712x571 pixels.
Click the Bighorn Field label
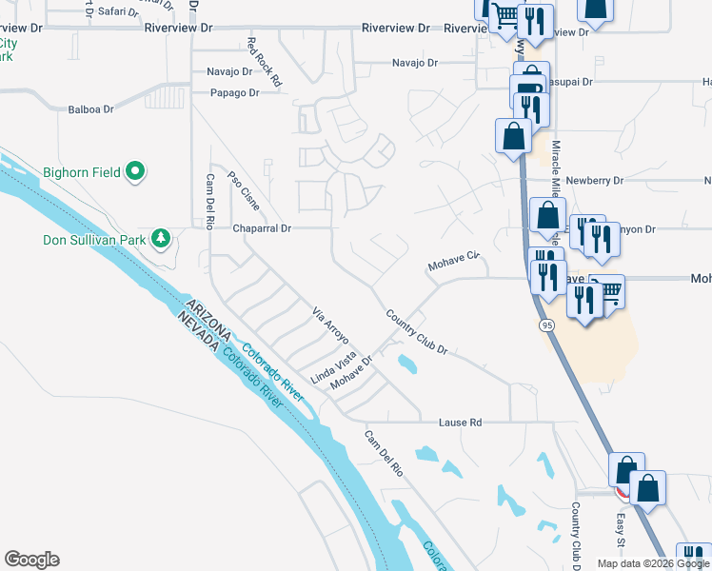(x=82, y=172)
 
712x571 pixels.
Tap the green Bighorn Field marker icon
(x=135, y=172)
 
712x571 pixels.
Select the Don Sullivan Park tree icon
(x=163, y=237)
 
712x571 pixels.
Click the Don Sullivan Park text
(x=94, y=240)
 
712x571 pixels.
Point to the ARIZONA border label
(x=208, y=321)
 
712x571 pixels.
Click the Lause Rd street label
(x=461, y=422)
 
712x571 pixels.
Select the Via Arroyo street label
(x=331, y=325)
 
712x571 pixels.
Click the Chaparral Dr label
(x=262, y=228)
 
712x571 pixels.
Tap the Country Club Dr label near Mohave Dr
(x=417, y=332)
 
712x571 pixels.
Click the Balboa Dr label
(x=90, y=109)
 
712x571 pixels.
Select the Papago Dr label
(x=234, y=92)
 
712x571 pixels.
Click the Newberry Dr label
(x=593, y=180)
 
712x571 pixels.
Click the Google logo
(x=31, y=560)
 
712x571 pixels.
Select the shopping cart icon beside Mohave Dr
(x=608, y=290)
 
